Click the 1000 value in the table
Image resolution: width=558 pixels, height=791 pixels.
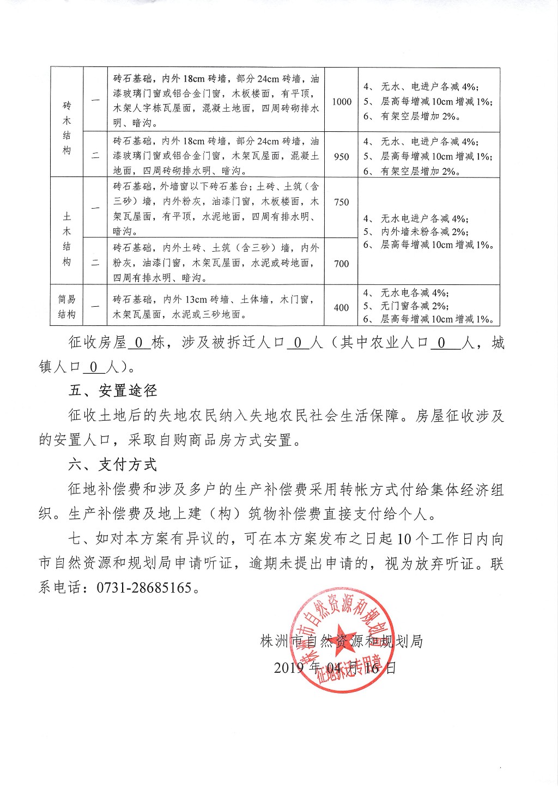point(342,101)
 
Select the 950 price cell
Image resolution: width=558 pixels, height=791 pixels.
point(342,156)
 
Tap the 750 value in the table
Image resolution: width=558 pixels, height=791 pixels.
point(342,202)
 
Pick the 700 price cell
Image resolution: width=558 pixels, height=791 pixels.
point(342,264)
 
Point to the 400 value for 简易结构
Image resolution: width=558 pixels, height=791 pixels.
point(342,307)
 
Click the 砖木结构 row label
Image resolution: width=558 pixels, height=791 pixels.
point(66,127)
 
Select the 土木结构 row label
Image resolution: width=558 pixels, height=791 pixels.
point(66,239)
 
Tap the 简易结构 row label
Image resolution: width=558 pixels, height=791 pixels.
point(66,307)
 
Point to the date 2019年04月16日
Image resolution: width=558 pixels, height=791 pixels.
point(335,668)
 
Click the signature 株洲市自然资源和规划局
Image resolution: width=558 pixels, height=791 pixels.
point(342,641)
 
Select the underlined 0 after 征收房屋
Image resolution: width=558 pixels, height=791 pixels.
point(139,343)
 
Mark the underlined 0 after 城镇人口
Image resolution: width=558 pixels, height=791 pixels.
point(94,367)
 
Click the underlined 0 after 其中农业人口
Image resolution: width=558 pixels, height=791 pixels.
point(441,343)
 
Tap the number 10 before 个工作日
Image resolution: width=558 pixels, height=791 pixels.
point(404,539)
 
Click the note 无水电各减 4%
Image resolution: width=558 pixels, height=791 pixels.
point(414,293)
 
